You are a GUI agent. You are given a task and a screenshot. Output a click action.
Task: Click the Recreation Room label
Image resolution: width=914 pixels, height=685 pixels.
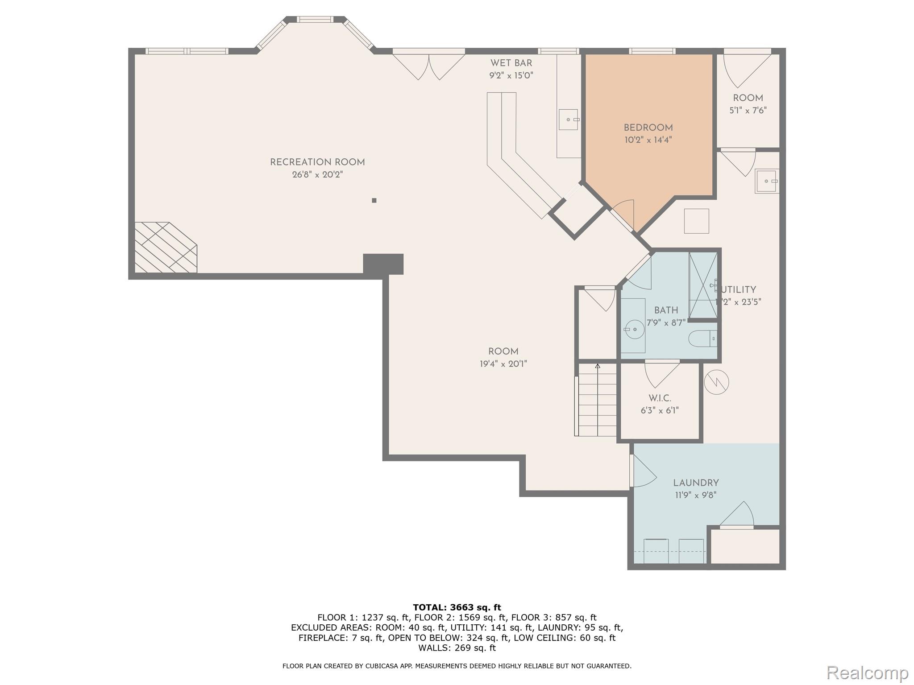317,163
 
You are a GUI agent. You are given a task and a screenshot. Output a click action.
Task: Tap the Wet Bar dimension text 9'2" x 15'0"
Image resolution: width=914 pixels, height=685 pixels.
511,75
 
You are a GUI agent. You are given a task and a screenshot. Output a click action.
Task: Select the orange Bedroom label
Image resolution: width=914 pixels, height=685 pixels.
648,128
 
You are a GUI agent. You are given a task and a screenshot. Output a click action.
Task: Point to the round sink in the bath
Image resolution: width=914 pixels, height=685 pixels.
634,330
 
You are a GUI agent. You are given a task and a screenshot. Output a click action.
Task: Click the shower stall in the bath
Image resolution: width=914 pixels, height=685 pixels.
703,285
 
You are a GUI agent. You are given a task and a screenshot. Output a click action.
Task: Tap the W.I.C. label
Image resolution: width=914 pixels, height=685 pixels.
660,398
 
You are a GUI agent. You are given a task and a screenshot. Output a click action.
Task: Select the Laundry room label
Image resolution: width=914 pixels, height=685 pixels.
696,483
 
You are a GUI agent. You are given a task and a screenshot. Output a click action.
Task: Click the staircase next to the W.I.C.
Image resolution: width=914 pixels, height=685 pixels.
597,400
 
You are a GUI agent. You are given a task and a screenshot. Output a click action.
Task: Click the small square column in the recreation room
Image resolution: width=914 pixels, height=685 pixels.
374,200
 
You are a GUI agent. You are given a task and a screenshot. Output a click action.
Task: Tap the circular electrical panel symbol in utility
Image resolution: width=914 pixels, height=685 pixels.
716,382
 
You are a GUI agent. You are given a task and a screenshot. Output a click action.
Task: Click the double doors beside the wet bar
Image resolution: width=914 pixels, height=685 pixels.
429,67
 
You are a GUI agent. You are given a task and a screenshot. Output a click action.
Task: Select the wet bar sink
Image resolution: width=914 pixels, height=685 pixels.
568,120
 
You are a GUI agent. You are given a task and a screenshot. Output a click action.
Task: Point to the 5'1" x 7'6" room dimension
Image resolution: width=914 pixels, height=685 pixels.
748,110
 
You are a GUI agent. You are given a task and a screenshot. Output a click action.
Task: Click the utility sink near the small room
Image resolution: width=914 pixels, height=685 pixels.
767,181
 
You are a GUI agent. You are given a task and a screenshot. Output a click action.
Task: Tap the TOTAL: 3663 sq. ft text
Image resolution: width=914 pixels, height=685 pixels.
457,607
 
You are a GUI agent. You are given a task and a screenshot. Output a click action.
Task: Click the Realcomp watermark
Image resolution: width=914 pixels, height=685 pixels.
867,672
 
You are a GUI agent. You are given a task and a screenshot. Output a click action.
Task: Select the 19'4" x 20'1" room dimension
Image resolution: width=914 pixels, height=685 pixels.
503,364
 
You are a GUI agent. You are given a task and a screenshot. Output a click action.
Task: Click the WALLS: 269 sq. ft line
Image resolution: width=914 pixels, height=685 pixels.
457,648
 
